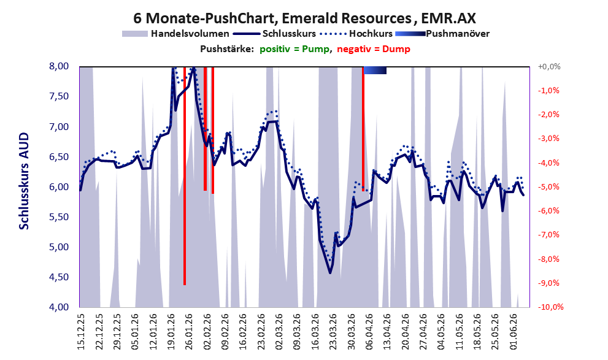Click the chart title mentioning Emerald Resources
pos(304,18)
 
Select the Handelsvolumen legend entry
pos(175,34)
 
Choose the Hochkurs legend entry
pos(356,34)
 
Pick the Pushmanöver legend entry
pos(442,34)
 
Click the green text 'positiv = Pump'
pos(295,49)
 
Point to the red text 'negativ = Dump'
pos(374,49)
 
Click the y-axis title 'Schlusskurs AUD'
pos(24,181)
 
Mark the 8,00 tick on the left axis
pos(59,66)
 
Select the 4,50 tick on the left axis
pos(59,277)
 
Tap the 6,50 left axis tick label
pos(59,157)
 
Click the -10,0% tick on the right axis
pos(550,307)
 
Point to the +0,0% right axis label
pos(549,67)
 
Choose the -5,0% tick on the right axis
pos(549,187)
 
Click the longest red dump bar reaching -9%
pos(185,176)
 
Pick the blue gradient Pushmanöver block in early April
pos(375,70)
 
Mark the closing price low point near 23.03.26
pos(330,273)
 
